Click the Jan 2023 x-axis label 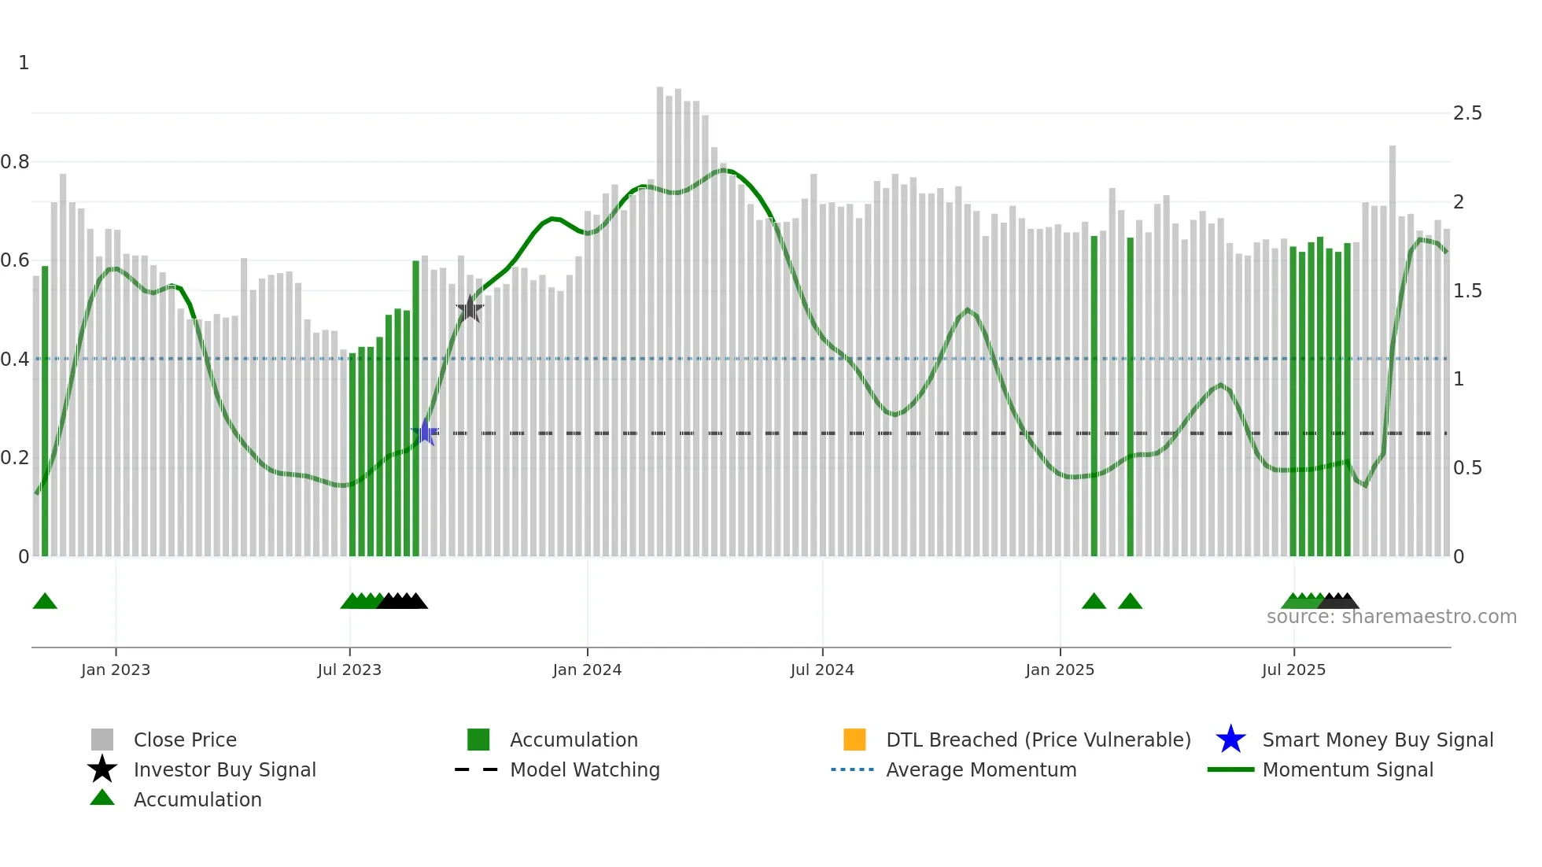coord(115,670)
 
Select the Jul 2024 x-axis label coord(822,670)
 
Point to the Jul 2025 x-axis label coord(1293,670)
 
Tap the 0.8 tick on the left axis coord(15,162)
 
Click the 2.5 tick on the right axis coord(1467,113)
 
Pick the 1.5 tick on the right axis coord(1467,291)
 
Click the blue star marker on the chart coord(425,433)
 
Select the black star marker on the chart coord(470,309)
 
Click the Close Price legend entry coord(185,740)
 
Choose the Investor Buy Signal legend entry coord(224,769)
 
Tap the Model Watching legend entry coord(585,769)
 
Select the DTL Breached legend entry coord(1038,740)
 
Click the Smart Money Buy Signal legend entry coord(1378,740)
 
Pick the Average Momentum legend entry coord(981,769)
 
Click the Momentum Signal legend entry coord(1348,769)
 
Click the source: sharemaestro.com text coord(1391,617)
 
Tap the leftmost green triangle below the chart coord(45,602)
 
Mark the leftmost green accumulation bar coord(45,409)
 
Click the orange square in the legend coord(854,740)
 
